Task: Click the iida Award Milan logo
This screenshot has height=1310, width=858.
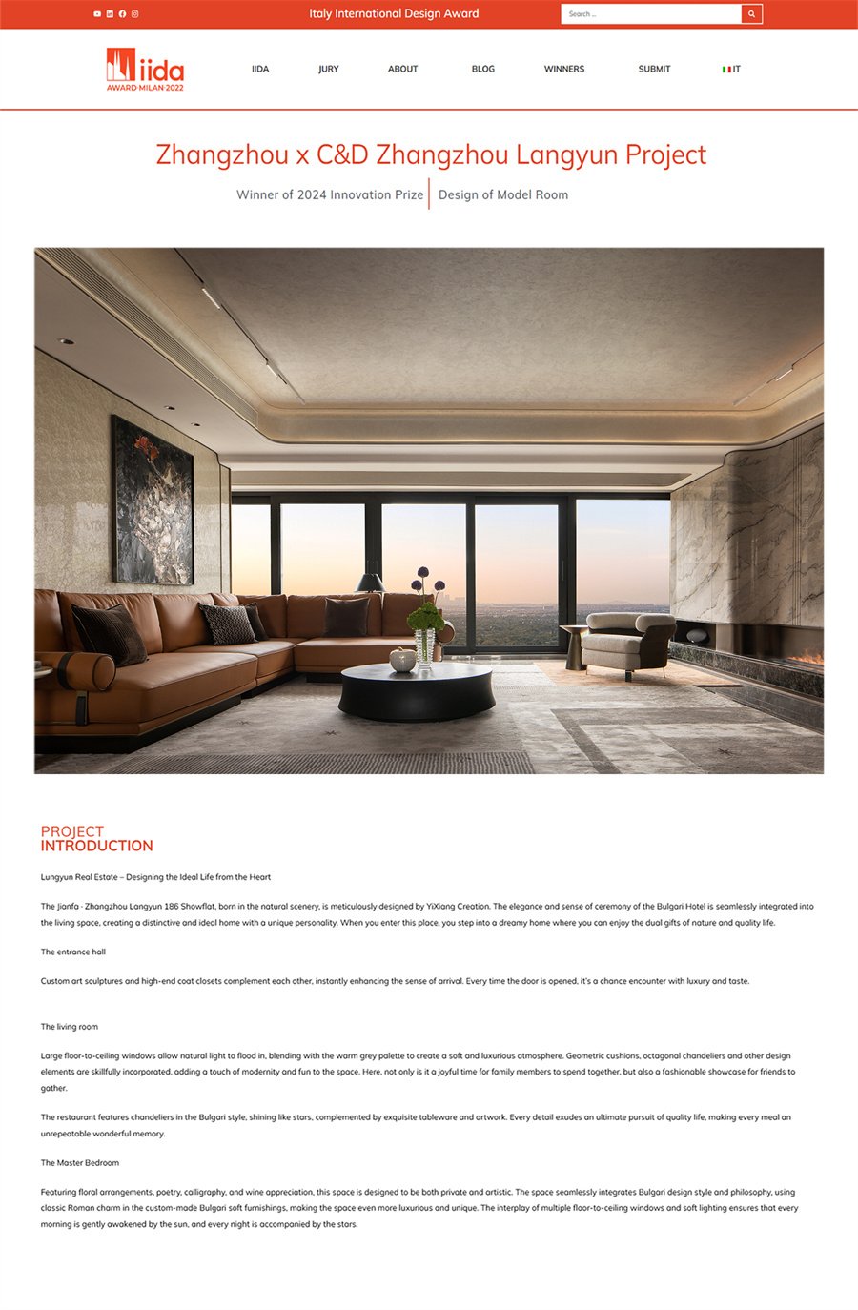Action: (x=145, y=70)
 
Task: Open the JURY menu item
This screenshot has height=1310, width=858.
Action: (x=329, y=70)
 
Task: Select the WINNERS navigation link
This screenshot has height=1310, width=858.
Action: (x=564, y=70)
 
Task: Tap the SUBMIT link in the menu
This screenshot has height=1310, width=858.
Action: (x=654, y=70)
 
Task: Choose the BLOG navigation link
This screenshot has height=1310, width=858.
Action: (x=483, y=70)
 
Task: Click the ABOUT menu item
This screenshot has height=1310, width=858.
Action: (x=402, y=70)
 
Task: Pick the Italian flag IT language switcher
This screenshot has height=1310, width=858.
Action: (x=731, y=70)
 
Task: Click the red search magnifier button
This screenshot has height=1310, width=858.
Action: (x=751, y=14)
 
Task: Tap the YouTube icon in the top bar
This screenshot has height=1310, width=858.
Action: (x=97, y=14)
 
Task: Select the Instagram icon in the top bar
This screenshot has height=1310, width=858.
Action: (x=135, y=14)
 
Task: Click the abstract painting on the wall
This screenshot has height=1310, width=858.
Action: (x=153, y=501)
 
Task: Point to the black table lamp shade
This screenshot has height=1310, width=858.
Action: (x=369, y=583)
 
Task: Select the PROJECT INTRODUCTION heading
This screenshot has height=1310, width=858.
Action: (x=96, y=839)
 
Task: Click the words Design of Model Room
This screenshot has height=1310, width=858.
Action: (x=503, y=194)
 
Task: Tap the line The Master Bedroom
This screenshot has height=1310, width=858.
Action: (x=80, y=1163)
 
